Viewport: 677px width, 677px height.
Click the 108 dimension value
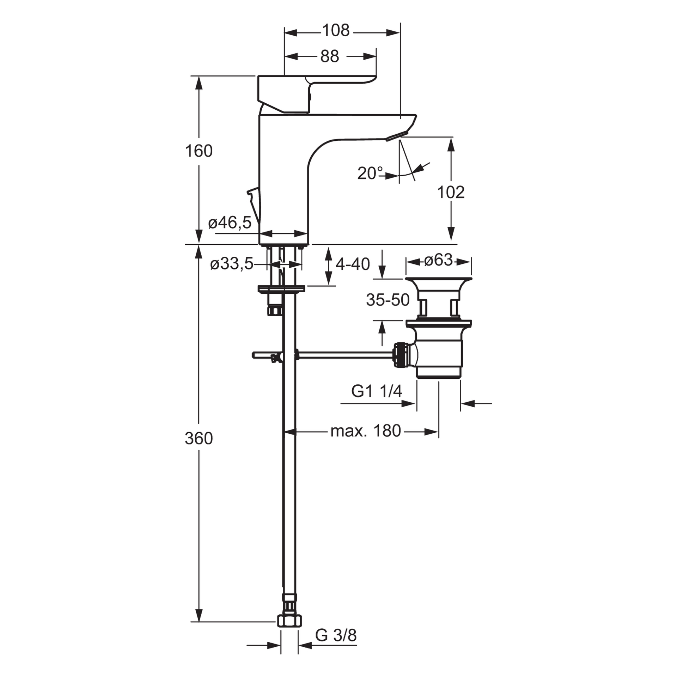coord(336,31)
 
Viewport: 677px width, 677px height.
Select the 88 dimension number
coord(330,56)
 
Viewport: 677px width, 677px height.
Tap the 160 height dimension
coord(199,151)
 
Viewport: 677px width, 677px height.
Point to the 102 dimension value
coord(451,193)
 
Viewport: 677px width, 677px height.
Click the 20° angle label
coord(370,173)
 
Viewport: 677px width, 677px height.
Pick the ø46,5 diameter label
coord(230,223)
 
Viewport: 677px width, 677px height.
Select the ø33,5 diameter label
coord(232,264)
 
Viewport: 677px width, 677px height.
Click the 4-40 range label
coord(353,264)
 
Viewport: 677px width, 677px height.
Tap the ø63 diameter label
coord(438,261)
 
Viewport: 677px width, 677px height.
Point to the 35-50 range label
coord(388,300)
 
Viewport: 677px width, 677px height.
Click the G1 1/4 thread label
coord(377,391)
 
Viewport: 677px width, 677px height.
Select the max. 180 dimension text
coord(366,431)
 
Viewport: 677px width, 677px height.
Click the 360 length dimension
coord(199,439)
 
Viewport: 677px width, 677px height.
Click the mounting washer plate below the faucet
coord(281,289)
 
